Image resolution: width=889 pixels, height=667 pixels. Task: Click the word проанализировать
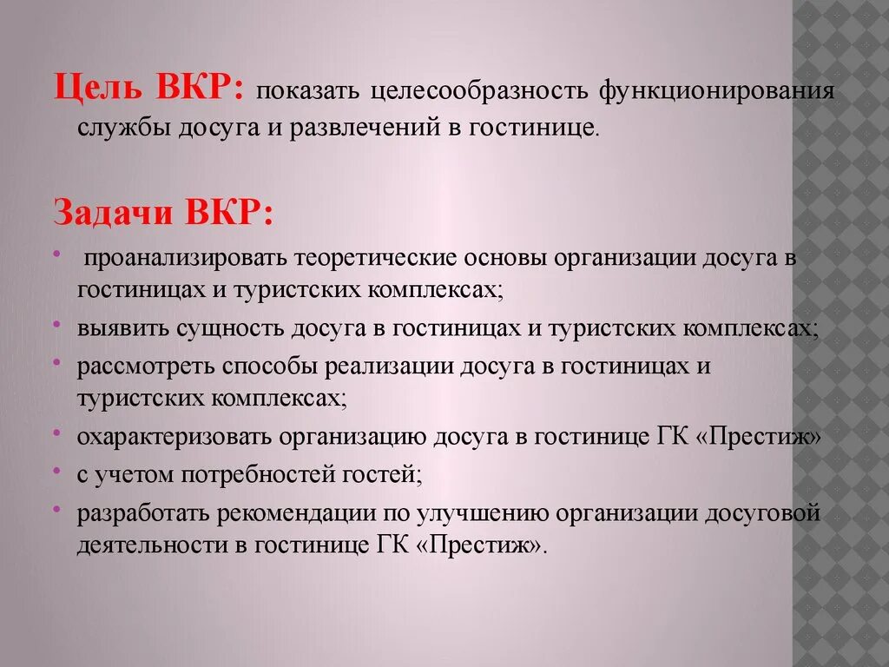pos(187,259)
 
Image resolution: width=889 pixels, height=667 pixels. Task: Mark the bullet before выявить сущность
pos(56,325)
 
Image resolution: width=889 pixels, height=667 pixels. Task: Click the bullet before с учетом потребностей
pos(56,470)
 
